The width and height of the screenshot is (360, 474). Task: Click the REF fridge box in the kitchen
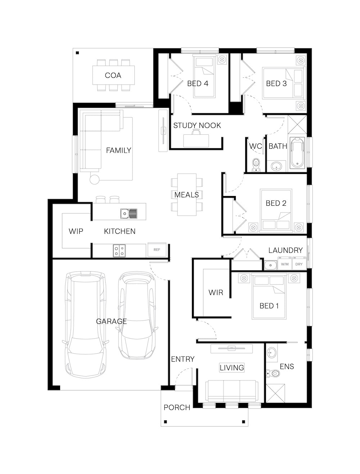click(157, 250)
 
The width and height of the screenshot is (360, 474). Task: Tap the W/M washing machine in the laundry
click(285, 263)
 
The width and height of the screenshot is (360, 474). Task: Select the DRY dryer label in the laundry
click(299, 264)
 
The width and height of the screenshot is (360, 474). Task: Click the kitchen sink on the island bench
click(129, 213)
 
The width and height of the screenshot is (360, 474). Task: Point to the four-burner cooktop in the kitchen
click(120, 251)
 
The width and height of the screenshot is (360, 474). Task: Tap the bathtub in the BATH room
click(297, 153)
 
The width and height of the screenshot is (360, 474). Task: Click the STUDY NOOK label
click(197, 125)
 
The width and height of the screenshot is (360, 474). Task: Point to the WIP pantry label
click(76, 231)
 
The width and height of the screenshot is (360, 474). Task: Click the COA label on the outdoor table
click(113, 75)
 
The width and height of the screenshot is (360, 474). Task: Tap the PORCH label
click(177, 407)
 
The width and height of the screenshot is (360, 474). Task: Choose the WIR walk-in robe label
click(216, 292)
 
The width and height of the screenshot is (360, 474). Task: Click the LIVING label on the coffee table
click(232, 367)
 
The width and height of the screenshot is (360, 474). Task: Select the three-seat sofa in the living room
click(231, 391)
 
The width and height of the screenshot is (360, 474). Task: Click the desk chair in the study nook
click(196, 131)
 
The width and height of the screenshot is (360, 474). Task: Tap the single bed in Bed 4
click(204, 76)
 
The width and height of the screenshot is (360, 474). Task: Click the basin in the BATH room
click(276, 166)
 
